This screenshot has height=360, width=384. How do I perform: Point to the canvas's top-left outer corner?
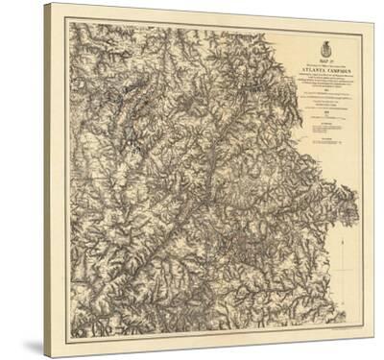tap(44, 4)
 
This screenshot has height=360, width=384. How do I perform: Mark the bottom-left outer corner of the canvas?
tap(44, 356)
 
